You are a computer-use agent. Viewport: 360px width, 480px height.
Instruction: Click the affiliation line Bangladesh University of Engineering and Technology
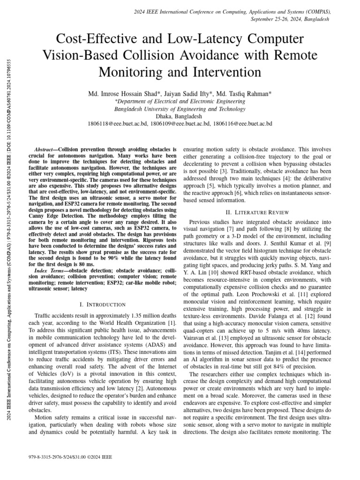(180, 109)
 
